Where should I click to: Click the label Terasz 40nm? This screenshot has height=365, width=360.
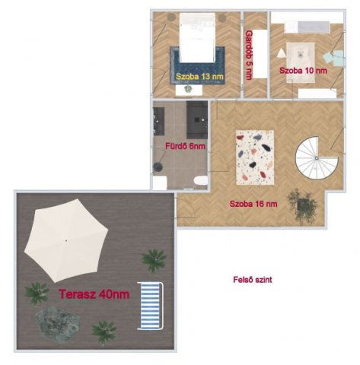click(x=94, y=294)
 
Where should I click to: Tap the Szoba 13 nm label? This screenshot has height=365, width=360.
click(x=199, y=76)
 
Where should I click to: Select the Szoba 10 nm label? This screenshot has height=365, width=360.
click(x=303, y=71)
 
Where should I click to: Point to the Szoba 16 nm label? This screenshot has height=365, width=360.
click(x=253, y=204)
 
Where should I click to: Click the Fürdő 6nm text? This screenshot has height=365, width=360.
click(x=186, y=146)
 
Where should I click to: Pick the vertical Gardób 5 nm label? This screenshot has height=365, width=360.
click(x=249, y=55)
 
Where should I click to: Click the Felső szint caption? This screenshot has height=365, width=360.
click(x=253, y=280)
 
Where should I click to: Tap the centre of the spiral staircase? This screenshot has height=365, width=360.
click(x=317, y=158)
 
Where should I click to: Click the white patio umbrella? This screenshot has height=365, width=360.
click(x=66, y=240)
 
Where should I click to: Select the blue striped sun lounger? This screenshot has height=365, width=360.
click(x=150, y=306)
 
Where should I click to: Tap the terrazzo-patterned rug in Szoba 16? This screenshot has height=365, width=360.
click(x=255, y=157)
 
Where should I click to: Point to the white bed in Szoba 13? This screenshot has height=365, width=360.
click(x=197, y=38)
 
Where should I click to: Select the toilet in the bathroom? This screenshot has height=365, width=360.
click(x=200, y=180)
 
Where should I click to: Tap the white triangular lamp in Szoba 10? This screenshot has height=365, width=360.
click(x=281, y=53)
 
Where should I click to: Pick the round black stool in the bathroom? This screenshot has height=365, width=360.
click(x=158, y=167)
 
